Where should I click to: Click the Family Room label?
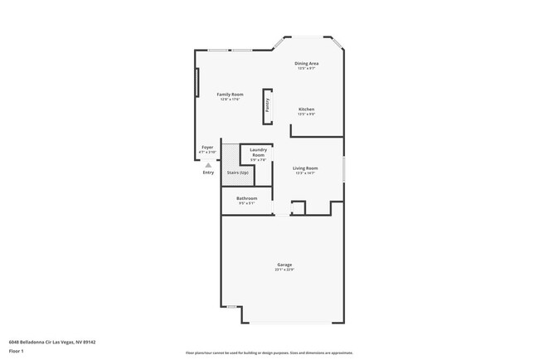tap(230, 95)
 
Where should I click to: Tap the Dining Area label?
tap(308, 63)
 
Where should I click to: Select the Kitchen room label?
tap(306, 109)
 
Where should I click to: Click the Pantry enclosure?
tap(268, 106)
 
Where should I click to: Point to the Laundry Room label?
tap(258, 153)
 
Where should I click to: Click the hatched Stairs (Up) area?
tap(237, 172)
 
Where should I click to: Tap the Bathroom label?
tap(246, 198)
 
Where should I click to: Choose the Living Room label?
tap(305, 168)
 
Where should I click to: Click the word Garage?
tap(284, 265)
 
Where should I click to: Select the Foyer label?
tap(207, 148)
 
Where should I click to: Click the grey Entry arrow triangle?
tap(208, 164)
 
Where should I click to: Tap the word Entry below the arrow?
tap(208, 173)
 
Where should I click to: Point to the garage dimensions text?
tap(284, 270)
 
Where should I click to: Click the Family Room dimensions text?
tap(230, 100)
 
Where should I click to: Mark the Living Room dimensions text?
tap(305, 173)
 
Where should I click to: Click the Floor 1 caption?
tap(17, 351)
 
